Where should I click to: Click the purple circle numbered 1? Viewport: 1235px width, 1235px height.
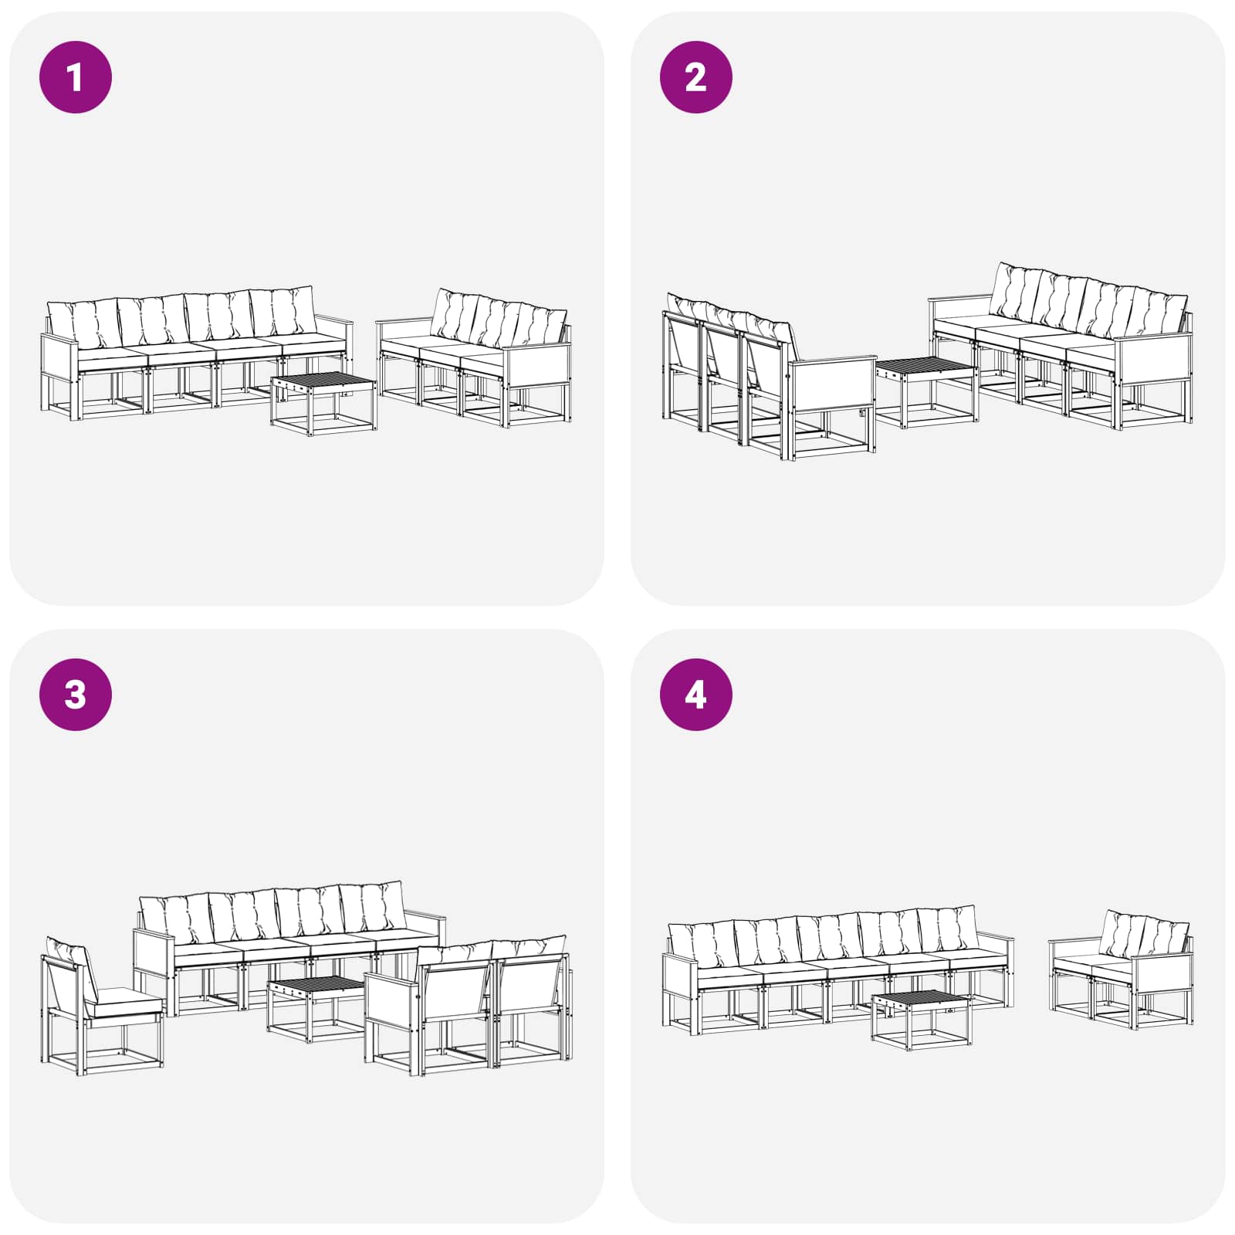(x=76, y=77)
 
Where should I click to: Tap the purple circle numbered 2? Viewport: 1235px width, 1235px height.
(x=696, y=77)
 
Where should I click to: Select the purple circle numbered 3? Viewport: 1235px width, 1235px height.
(x=76, y=695)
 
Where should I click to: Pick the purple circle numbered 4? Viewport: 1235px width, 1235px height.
(x=696, y=695)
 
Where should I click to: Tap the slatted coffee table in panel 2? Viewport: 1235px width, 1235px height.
(x=926, y=391)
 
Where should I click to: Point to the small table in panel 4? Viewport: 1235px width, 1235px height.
(x=921, y=1020)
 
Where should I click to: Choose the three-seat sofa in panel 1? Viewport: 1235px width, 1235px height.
(x=475, y=358)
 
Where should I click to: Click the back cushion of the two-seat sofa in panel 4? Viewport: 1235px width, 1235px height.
(x=1144, y=935)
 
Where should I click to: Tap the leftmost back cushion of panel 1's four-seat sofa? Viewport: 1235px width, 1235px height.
(x=83, y=324)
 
